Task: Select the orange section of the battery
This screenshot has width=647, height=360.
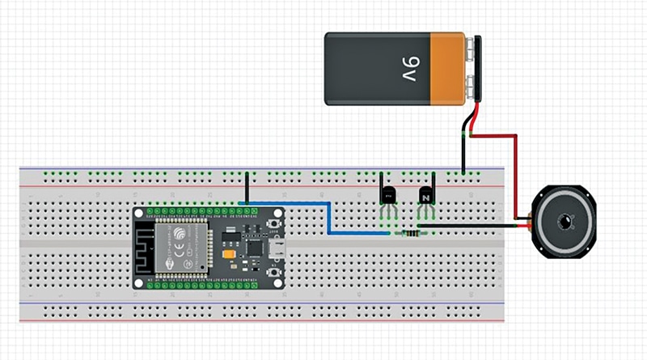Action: [x=449, y=69]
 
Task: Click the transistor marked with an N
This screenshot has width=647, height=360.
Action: [x=426, y=195]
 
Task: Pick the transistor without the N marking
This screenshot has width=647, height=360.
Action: [x=388, y=195]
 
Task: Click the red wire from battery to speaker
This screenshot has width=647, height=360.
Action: [x=514, y=174]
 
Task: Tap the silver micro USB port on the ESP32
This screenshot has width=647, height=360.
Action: [x=277, y=248]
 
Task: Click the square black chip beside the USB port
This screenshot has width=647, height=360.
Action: [x=254, y=245]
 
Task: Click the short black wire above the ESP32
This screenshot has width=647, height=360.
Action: [x=246, y=188]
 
